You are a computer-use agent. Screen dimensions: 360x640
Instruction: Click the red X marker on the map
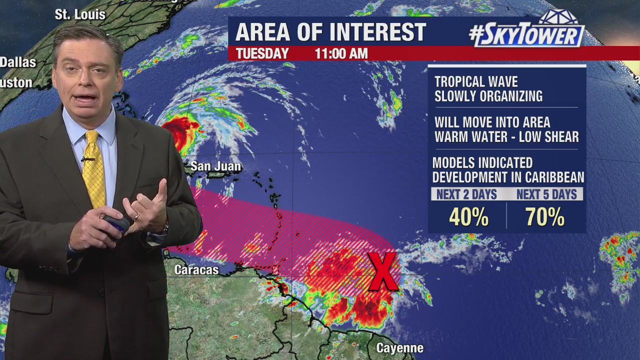pos(383,271)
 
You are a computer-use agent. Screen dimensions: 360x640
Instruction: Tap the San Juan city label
pos(215,166)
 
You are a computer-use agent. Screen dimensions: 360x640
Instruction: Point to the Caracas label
pos(196,270)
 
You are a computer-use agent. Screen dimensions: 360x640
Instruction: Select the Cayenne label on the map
pos(399,348)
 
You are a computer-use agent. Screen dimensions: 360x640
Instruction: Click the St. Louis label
pos(80,14)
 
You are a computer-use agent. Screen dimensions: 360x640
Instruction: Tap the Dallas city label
pos(18,62)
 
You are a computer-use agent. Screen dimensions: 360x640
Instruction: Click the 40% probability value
pos(468,217)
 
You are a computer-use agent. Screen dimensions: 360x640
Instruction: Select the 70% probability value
pos(544,217)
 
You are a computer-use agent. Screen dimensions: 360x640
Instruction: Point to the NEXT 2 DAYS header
pos(466,194)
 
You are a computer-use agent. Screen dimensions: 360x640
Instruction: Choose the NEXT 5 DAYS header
pos(546,194)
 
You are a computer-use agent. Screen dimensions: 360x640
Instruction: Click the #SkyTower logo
pos(526,32)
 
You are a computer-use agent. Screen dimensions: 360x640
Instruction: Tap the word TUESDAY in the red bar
pos(262,53)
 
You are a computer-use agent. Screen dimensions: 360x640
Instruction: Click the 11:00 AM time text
pos(341,53)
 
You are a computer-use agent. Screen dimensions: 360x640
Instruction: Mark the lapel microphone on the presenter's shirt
pos(87,159)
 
